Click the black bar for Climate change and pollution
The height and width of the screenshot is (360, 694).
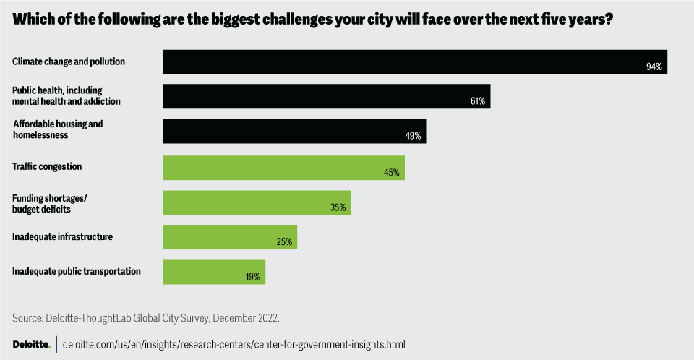(414, 61)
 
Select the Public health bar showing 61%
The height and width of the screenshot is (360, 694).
(327, 96)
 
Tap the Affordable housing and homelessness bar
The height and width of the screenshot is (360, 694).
(294, 131)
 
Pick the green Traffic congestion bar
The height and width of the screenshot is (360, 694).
(283, 168)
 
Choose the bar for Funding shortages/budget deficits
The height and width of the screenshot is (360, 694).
(257, 202)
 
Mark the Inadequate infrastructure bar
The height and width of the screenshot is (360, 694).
(230, 237)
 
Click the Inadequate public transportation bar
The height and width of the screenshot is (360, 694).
(214, 272)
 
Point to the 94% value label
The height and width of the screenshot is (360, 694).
(654, 67)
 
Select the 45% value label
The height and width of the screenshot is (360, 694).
(392, 173)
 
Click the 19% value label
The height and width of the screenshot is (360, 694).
(252, 277)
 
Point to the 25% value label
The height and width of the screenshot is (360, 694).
(283, 242)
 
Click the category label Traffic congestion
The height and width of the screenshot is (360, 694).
(47, 166)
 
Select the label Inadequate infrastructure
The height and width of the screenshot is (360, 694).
(63, 236)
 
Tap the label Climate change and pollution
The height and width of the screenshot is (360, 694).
(69, 61)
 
